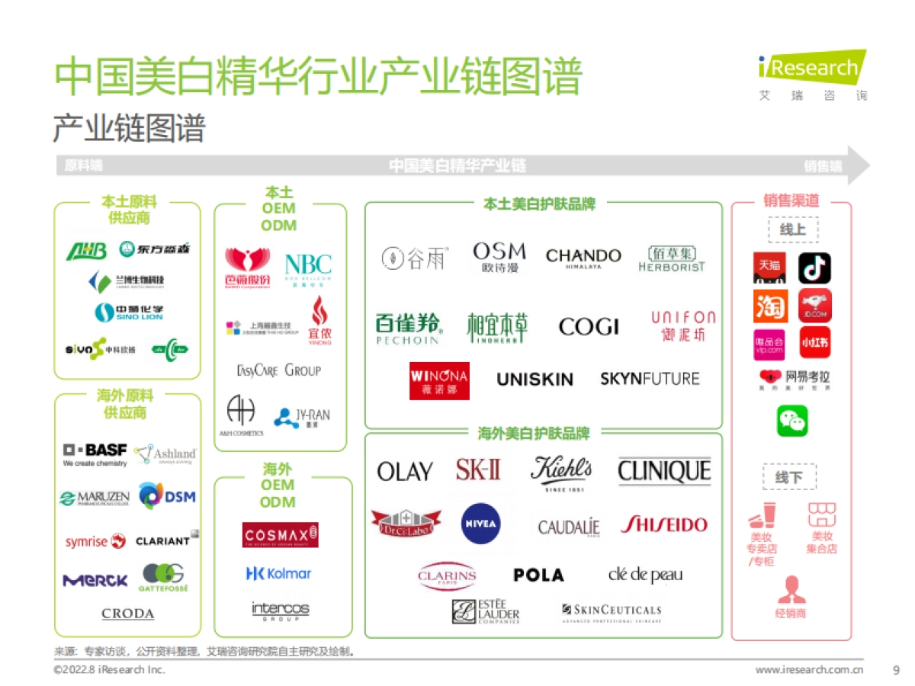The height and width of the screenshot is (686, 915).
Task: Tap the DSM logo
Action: (167, 497)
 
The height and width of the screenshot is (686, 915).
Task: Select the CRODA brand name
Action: (128, 614)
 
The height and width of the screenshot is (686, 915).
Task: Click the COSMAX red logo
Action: (281, 535)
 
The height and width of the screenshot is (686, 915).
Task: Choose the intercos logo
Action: (280, 610)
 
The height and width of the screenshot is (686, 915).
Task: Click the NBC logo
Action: (308, 267)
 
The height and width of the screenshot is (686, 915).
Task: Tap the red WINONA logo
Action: (439, 380)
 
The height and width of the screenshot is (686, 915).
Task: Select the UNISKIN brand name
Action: (535, 379)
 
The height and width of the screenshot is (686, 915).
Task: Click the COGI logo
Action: (589, 327)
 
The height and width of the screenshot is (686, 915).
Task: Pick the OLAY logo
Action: (405, 472)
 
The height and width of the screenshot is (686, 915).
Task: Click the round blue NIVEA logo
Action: (481, 524)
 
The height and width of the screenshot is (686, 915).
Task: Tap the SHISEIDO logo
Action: (663, 524)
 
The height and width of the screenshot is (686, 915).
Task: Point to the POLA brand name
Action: (538, 575)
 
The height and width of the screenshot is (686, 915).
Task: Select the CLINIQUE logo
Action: (664, 471)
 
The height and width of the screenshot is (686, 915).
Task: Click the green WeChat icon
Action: (792, 421)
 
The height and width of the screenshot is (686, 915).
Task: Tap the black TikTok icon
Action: (814, 268)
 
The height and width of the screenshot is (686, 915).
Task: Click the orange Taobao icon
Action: (770, 306)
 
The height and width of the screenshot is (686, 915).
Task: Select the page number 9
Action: (896, 670)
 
